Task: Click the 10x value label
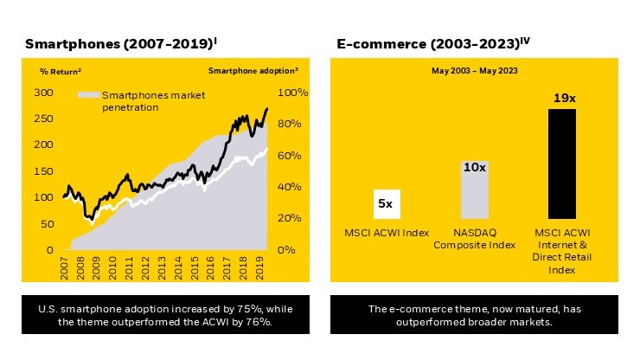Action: [x=474, y=165]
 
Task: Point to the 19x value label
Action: [x=564, y=99]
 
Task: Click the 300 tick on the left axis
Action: [x=41, y=92]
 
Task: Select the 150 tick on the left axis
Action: [x=41, y=171]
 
